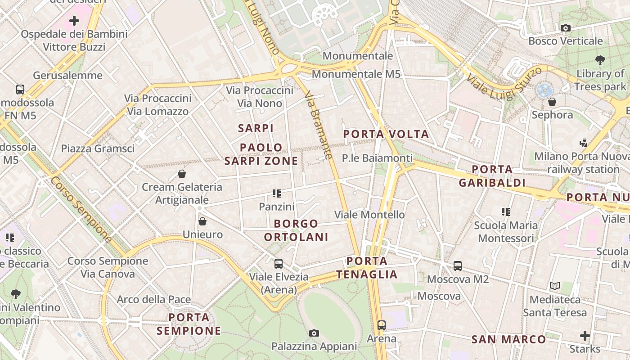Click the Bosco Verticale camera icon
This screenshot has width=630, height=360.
566,28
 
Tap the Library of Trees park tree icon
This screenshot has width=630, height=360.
600,60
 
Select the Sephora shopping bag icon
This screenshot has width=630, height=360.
552,102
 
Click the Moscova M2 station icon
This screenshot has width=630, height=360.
458,266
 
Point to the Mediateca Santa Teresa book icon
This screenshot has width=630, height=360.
555,286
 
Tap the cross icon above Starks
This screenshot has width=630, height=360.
585,336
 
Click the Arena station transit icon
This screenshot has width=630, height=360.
382,325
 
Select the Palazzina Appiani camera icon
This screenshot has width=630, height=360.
314,333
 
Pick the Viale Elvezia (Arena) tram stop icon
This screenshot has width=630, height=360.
279,264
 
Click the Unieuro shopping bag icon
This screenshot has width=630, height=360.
202,221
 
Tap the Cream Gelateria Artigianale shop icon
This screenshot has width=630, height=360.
182,174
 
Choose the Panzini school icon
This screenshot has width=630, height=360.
276,193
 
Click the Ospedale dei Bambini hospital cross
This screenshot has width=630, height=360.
74,21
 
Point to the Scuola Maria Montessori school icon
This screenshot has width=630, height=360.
506,211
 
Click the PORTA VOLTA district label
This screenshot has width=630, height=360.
386,134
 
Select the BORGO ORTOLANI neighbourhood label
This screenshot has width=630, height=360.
296,230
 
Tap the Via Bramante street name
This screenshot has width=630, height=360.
319,126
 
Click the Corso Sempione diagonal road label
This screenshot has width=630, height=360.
81,209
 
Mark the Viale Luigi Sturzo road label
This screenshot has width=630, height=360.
504,83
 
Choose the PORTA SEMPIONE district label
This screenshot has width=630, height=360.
189,324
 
